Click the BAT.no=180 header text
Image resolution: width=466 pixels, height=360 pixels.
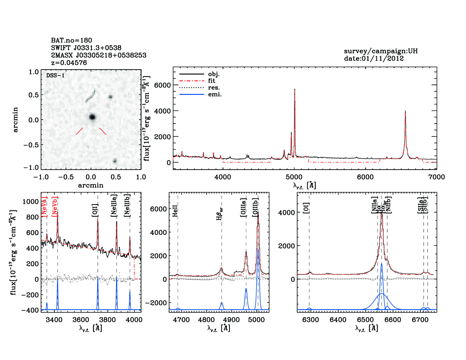(x=71, y=40)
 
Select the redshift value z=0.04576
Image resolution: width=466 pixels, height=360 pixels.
(x=69, y=63)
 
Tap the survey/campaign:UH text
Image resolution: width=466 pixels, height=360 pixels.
(x=380, y=51)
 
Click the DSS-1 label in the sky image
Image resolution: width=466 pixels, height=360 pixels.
(x=55, y=75)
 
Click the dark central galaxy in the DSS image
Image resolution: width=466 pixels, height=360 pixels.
(x=92, y=117)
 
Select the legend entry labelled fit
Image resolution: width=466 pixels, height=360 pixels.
(x=212, y=81)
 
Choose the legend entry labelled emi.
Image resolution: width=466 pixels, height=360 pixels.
(x=215, y=95)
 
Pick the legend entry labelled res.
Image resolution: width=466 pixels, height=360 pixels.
(x=214, y=88)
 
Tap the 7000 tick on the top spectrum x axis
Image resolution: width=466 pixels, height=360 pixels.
(x=436, y=177)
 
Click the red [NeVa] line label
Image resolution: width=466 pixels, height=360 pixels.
(x=44, y=206)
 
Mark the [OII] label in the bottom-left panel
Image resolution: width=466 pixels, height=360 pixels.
(x=95, y=210)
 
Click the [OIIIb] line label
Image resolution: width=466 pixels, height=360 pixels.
(x=256, y=208)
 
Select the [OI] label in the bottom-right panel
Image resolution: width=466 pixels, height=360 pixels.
(x=306, y=208)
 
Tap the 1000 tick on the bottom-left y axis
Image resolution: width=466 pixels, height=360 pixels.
(x=31, y=201)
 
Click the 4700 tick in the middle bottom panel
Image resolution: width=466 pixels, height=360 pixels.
(x=181, y=320)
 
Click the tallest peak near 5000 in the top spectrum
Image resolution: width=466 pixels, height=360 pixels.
(x=295, y=90)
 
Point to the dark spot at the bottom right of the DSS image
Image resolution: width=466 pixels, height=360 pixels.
(x=115, y=161)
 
